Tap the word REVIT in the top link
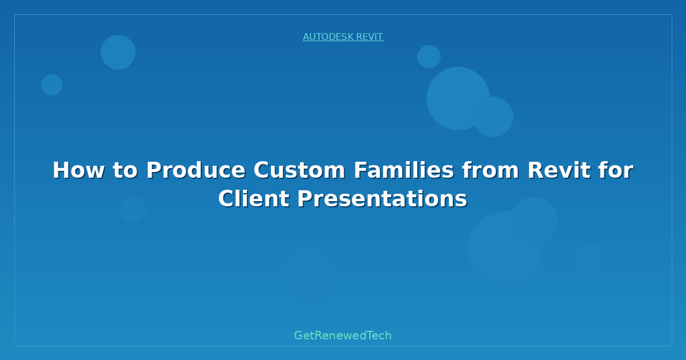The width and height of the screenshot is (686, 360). point(370,37)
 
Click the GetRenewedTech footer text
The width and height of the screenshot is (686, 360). point(342,335)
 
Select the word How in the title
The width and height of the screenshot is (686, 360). point(79,170)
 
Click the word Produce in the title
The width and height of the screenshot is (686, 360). point(196,170)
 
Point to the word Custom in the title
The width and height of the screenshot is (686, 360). point(299,170)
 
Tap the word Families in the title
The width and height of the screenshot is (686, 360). point(404,170)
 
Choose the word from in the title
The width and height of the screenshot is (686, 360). point(490,170)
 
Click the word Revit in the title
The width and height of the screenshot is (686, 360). point(559,170)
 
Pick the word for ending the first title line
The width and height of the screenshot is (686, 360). point(616,170)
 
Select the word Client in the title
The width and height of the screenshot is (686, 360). point(254,199)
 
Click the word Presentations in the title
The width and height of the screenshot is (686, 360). point(382,199)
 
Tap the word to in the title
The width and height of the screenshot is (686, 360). point(126,170)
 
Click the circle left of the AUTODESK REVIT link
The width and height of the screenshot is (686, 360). point(118,53)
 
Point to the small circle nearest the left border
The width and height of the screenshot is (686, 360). point(52,85)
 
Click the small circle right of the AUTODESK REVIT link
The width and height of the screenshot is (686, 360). point(429,57)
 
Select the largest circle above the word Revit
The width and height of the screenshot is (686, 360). point(458,98)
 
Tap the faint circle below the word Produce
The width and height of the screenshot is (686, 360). point(133,209)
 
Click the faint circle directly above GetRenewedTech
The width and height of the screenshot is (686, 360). point(310,273)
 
